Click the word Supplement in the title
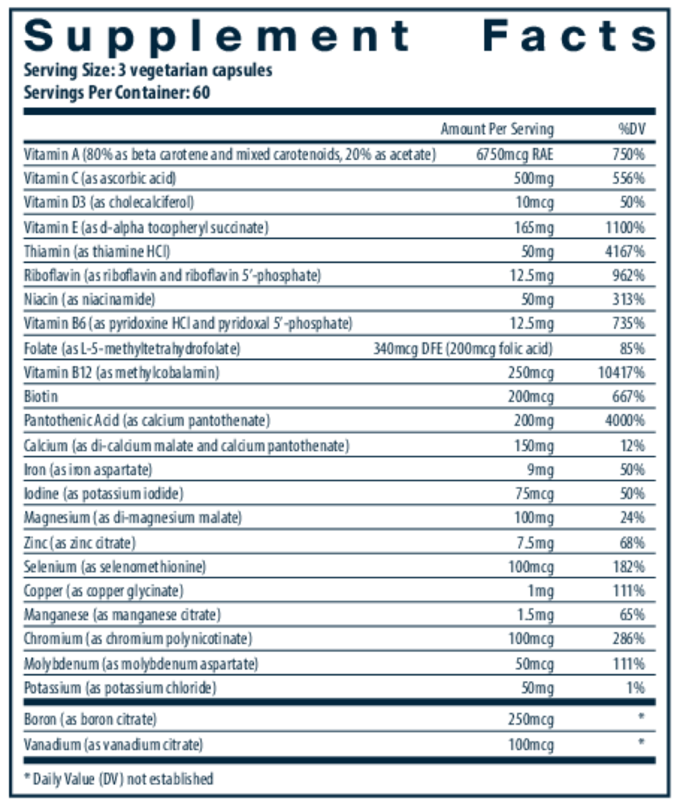(218, 35)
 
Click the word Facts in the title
(570, 35)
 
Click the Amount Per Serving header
(497, 129)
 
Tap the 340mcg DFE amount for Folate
(407, 348)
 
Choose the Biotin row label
(41, 396)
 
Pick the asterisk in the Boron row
(641, 718)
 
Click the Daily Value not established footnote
(118, 778)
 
